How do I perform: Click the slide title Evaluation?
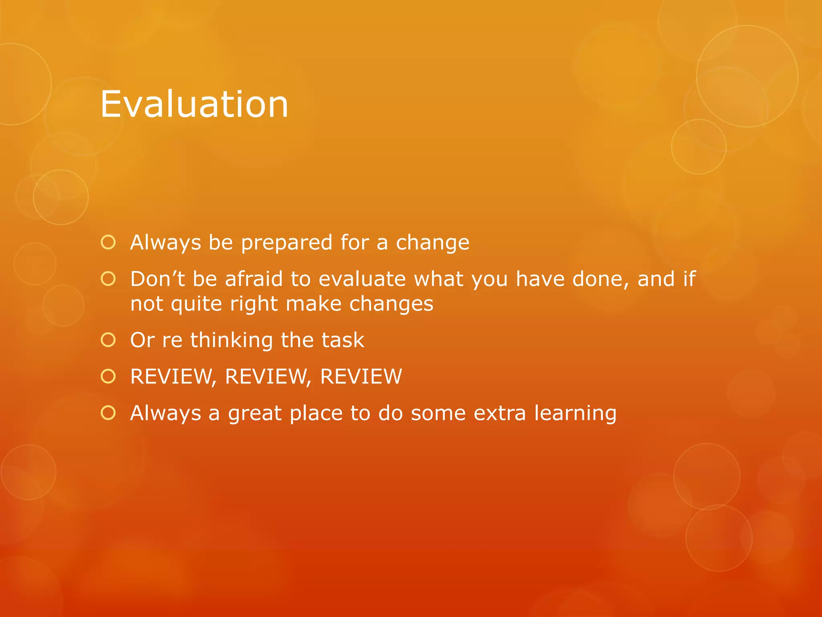tap(194, 104)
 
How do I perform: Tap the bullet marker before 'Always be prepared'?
tap(108, 242)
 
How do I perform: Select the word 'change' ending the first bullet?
tap(432, 242)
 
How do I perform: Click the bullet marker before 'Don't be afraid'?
tap(108, 279)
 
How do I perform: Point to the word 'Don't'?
tap(157, 279)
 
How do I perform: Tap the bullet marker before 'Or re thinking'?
tap(108, 340)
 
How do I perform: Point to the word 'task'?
tap(343, 340)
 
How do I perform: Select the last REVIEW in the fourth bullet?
tap(361, 377)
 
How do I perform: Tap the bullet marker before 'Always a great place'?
tap(108, 413)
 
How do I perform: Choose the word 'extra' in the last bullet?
tap(500, 413)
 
